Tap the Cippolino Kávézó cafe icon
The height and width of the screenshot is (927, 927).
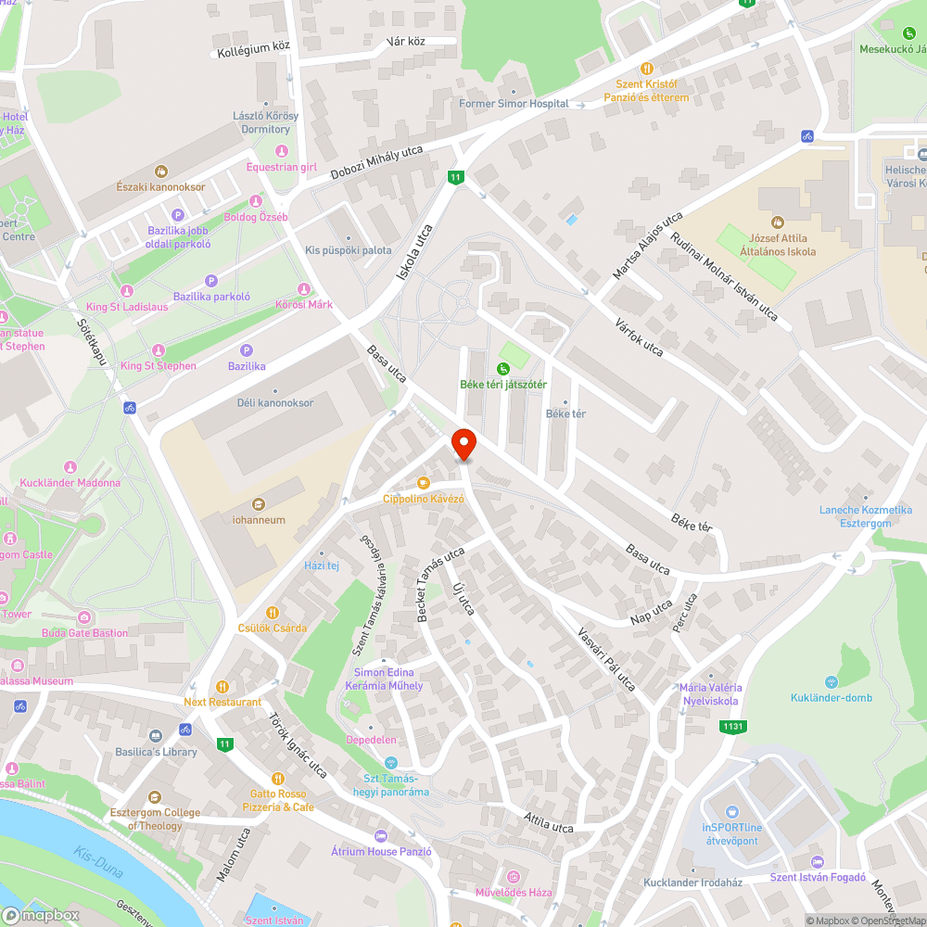[424, 483]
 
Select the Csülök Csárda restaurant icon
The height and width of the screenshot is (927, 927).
[273, 612]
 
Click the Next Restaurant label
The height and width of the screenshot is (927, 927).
[222, 702]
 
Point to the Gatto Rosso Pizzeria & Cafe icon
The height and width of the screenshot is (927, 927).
[277, 779]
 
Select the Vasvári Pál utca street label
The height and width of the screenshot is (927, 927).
[607, 659]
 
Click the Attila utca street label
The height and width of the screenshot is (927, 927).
[549, 822]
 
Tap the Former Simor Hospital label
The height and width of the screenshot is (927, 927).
[514, 104]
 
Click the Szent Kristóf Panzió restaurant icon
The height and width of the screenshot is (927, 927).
[647, 68]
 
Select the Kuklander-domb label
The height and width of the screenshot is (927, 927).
[832, 697]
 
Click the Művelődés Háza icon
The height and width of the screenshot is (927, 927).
[514, 876]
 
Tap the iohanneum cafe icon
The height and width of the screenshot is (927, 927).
[259, 504]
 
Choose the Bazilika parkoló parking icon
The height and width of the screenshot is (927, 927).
[210, 281]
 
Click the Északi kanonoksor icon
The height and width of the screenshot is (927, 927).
[160, 171]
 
